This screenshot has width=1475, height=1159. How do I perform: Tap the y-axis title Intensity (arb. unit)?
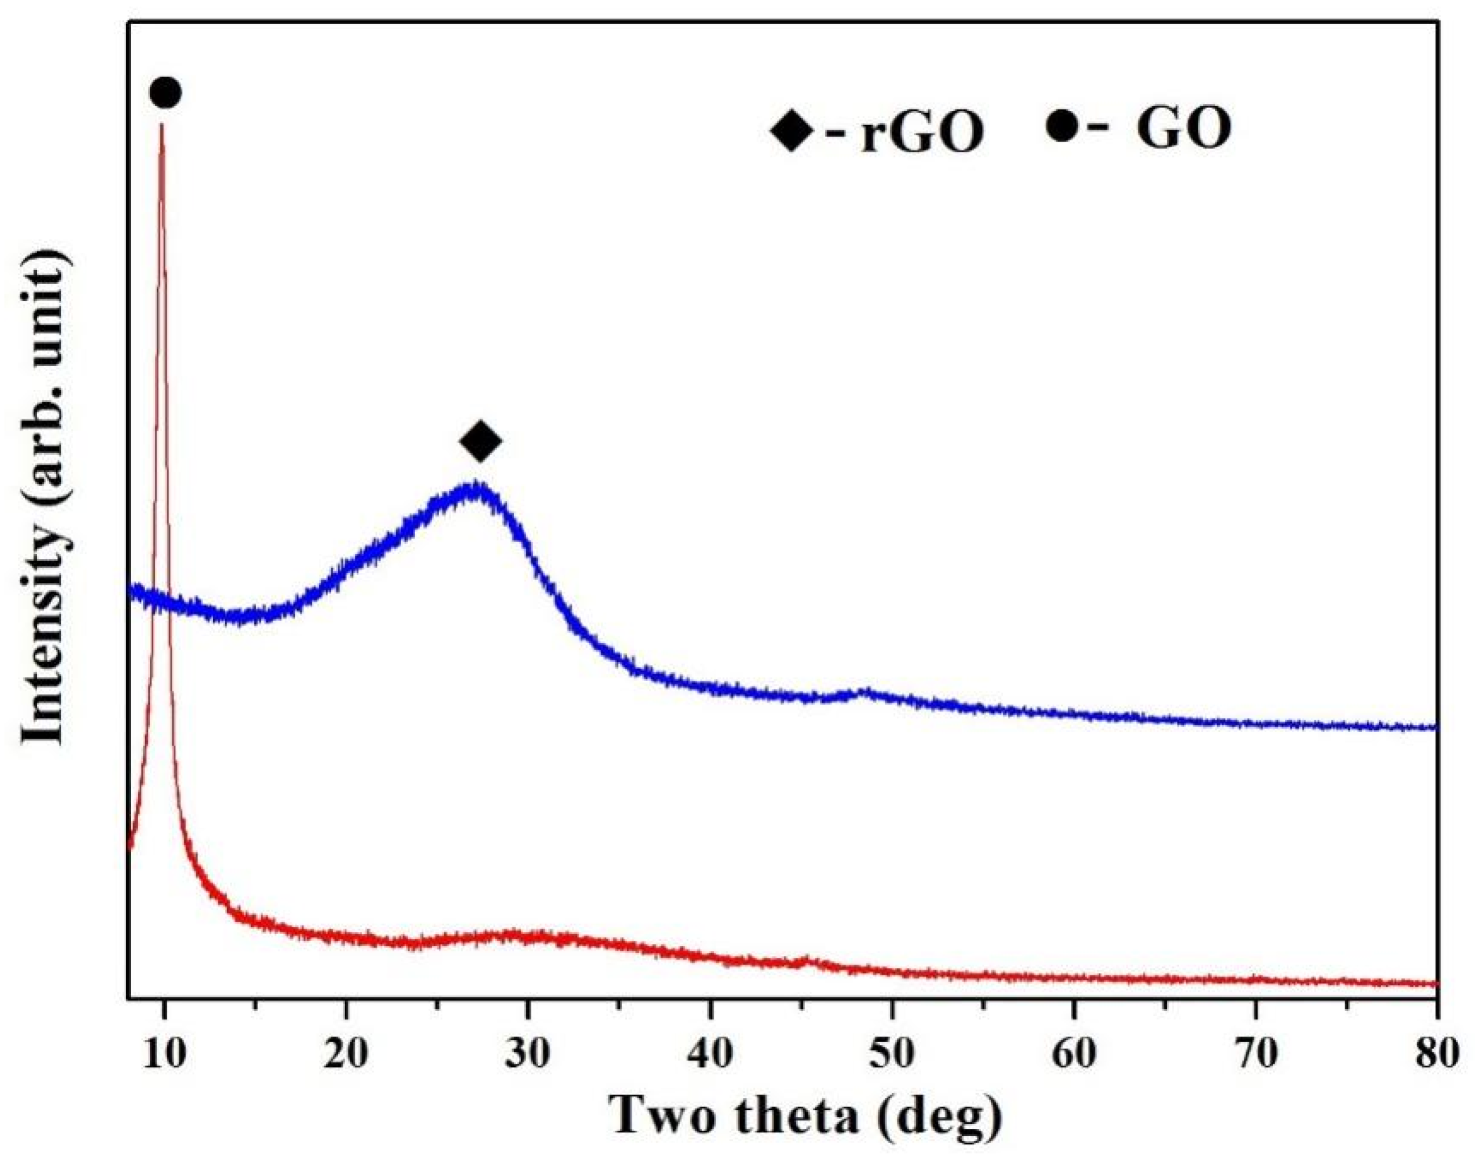point(46,499)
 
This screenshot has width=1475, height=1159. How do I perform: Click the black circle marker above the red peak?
point(165,92)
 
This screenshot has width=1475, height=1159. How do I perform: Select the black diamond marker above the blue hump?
point(480,442)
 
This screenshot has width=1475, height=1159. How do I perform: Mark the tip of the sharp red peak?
point(162,126)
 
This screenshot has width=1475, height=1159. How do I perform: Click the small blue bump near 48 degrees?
point(863,693)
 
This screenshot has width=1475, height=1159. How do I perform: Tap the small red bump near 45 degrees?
point(806,960)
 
